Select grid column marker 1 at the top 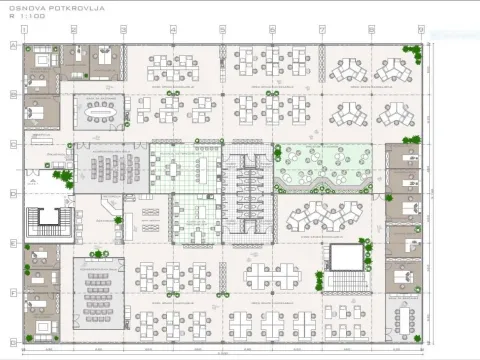click(x=25, y=31)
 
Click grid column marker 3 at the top click(x=124, y=31)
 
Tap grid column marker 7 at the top click(x=322, y=31)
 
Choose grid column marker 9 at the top click(x=420, y=31)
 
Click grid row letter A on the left click(x=12, y=46)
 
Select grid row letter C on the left click(x=12, y=145)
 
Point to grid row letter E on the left click(x=12, y=243)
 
